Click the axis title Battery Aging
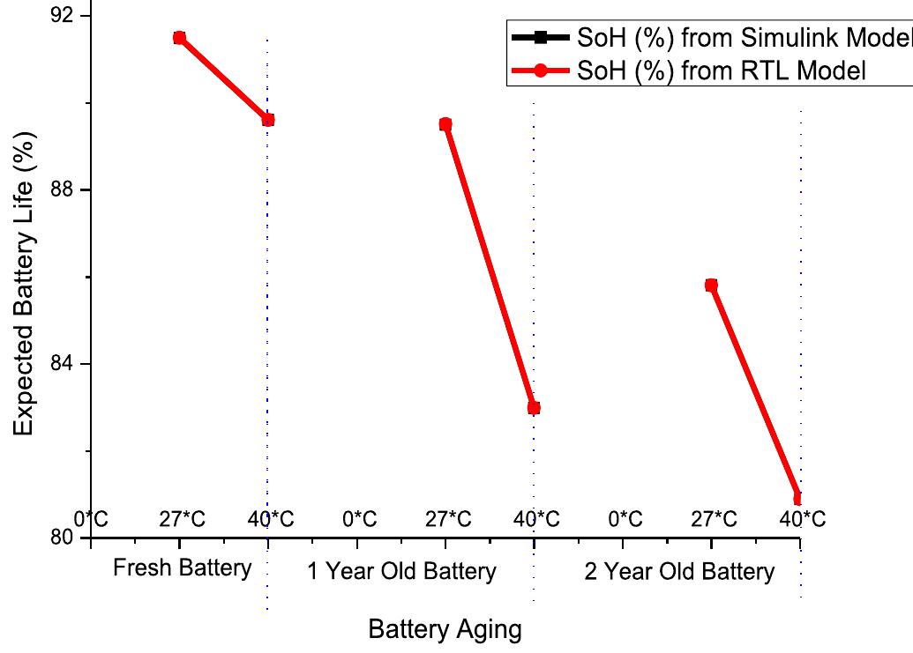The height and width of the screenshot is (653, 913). click(x=445, y=630)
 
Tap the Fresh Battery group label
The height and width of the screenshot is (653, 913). click(x=182, y=568)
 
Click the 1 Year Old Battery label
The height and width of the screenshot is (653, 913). click(x=401, y=572)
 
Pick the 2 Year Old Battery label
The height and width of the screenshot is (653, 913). click(x=679, y=572)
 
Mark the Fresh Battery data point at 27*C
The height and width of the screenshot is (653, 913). click(x=179, y=38)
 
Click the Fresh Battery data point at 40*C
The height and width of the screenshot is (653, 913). click(x=268, y=120)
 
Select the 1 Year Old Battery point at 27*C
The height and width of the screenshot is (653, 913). click(x=445, y=125)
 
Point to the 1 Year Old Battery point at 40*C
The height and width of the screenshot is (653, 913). click(x=534, y=408)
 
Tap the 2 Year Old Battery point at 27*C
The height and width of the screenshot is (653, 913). click(x=711, y=286)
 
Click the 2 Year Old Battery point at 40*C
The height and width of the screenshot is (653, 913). click(x=798, y=499)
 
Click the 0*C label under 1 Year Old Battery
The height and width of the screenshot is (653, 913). click(x=359, y=519)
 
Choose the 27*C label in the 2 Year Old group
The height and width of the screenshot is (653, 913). click(x=714, y=519)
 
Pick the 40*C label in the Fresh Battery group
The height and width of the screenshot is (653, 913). click(x=270, y=519)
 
